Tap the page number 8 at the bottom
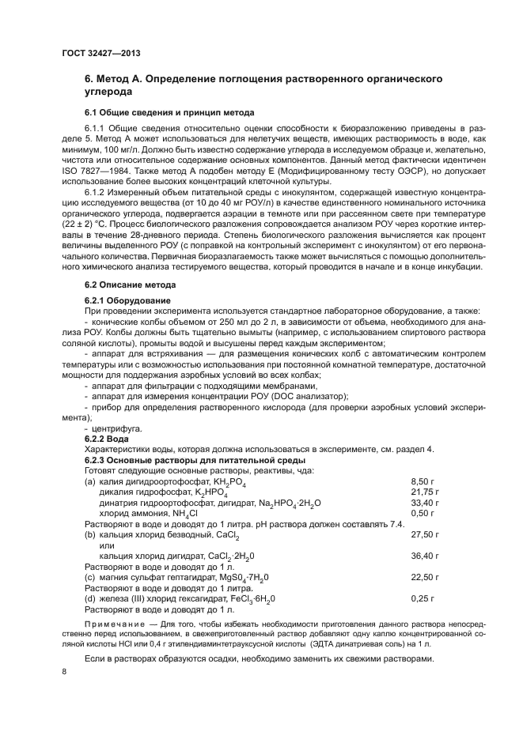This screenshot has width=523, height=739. point(65,672)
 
